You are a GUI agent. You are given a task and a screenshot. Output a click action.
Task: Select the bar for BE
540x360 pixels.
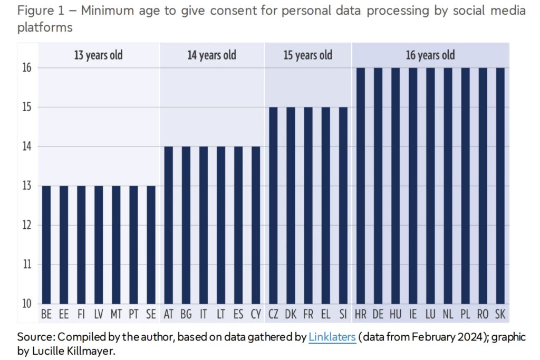click(46, 245)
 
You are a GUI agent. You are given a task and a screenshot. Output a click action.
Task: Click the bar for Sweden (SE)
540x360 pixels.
click(151, 245)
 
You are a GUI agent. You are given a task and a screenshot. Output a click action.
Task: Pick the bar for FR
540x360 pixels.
click(308, 206)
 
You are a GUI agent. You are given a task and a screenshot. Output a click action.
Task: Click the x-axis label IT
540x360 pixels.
click(204, 315)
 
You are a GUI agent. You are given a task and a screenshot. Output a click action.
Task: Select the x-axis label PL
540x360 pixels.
click(465, 315)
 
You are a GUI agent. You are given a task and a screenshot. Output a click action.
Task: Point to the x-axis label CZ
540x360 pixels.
click(273, 315)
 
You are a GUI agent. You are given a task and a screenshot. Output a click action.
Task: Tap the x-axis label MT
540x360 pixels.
click(116, 315)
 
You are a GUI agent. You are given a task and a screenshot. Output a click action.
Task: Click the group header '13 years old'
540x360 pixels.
click(99, 55)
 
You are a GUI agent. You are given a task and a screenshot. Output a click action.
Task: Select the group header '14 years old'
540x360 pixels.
click(212, 55)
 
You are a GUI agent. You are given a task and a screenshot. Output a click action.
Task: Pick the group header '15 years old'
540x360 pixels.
click(308, 55)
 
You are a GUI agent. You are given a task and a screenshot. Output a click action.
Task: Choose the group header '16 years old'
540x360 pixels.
click(430, 55)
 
